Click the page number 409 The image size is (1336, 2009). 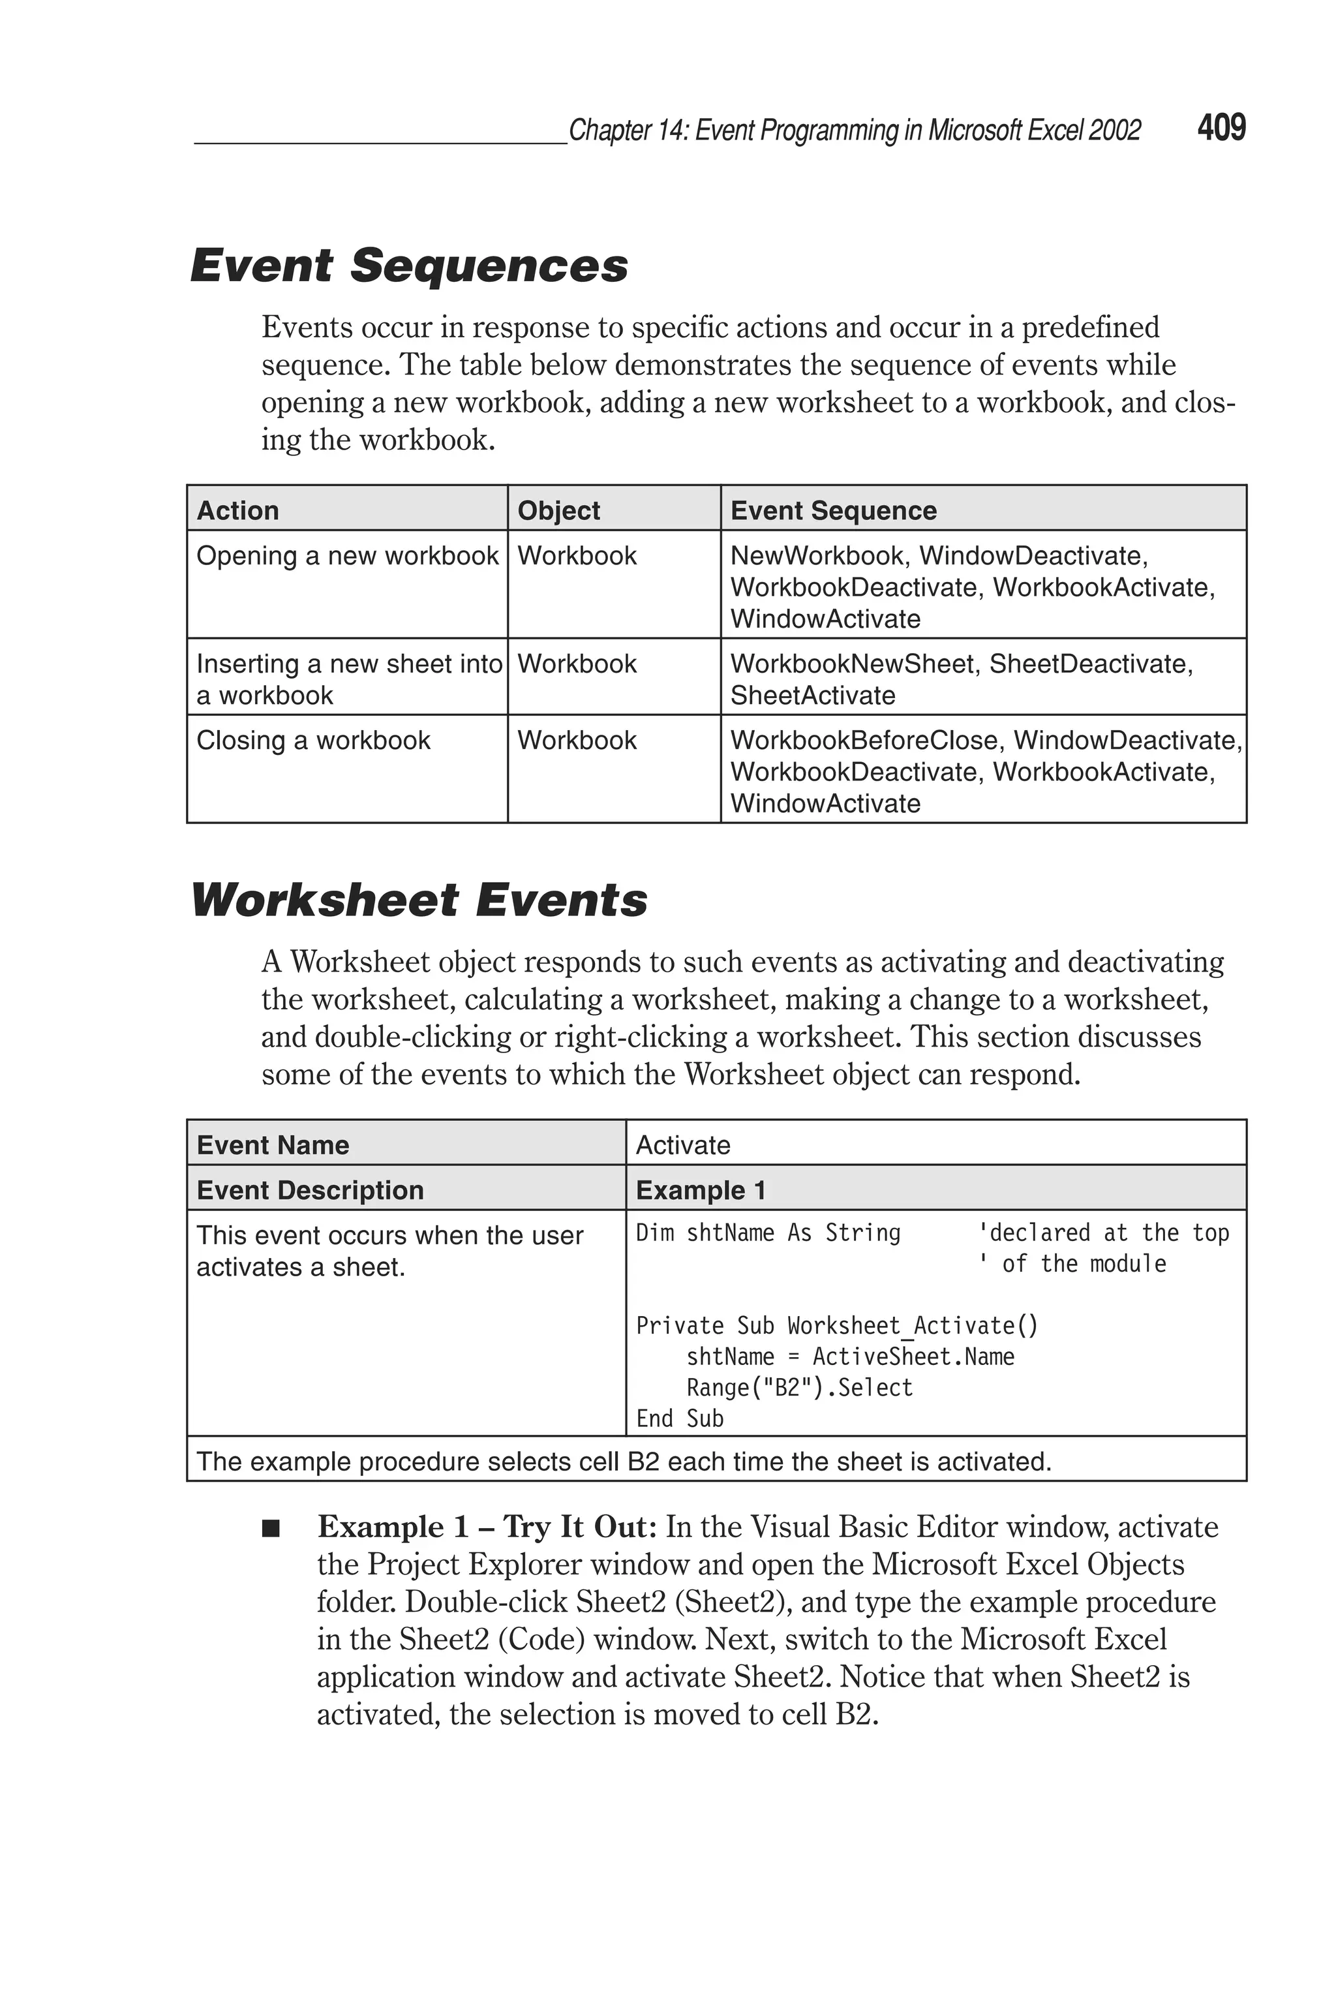tap(1221, 128)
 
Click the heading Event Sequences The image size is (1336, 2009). tap(409, 265)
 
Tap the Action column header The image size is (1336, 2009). tap(237, 510)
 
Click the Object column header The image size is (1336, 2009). tap(558, 510)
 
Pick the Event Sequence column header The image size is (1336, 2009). tap(833, 510)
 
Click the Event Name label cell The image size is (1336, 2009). tap(273, 1145)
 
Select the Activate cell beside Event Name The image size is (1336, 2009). tap(684, 1145)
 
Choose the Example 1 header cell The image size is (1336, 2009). tap(701, 1190)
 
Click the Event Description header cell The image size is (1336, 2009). tap(310, 1190)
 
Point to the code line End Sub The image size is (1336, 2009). tap(680, 1419)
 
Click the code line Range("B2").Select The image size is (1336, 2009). tap(799, 1388)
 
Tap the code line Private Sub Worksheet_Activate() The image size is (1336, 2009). tap(837, 1326)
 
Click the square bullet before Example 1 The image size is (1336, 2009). tap(271, 1529)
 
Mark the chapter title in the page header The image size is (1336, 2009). tap(854, 130)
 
